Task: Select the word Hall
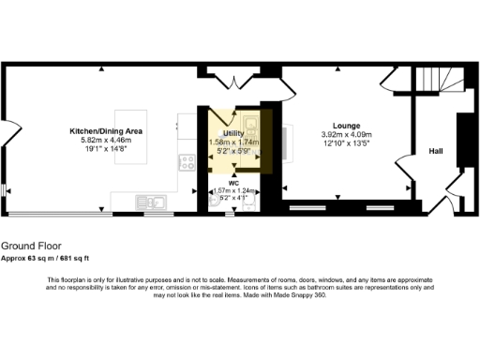[436, 151]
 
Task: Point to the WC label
[233, 184]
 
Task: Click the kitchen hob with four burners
[184, 163]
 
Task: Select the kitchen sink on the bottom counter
[150, 200]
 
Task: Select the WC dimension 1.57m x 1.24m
[232, 191]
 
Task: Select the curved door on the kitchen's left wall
[7, 131]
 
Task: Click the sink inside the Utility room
[250, 126]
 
